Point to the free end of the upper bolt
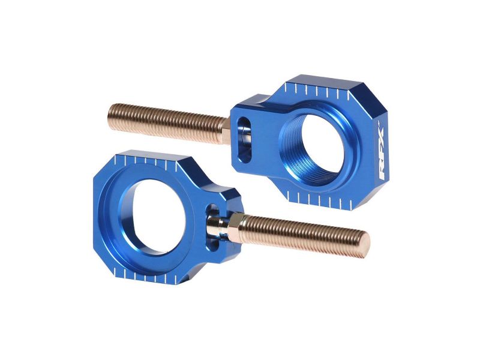tap(112, 113)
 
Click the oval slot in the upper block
tap(244, 139)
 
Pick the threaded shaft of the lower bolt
tap(303, 235)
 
